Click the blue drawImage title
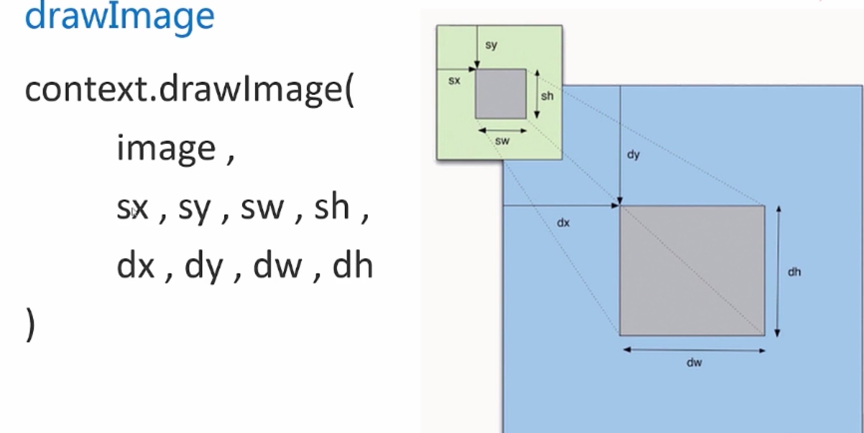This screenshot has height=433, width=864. click(x=120, y=16)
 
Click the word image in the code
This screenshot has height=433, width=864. click(x=166, y=148)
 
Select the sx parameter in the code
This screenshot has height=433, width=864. click(x=133, y=208)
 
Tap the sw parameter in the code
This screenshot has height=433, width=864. click(x=263, y=208)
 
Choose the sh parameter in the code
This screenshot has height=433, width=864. click(x=331, y=206)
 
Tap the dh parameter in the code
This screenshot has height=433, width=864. click(x=352, y=265)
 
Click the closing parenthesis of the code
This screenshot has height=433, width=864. click(x=30, y=324)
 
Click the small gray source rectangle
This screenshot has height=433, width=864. click(x=501, y=94)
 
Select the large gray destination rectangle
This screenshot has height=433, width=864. click(x=692, y=270)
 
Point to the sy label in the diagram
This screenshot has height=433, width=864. click(x=491, y=45)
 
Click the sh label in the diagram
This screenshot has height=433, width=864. click(x=547, y=95)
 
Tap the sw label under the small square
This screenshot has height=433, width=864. click(x=502, y=141)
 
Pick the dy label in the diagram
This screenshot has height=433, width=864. click(x=633, y=155)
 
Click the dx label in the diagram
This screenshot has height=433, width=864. click(x=563, y=222)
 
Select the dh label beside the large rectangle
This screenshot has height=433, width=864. click(x=794, y=272)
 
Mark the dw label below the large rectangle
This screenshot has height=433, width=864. click(x=694, y=363)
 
